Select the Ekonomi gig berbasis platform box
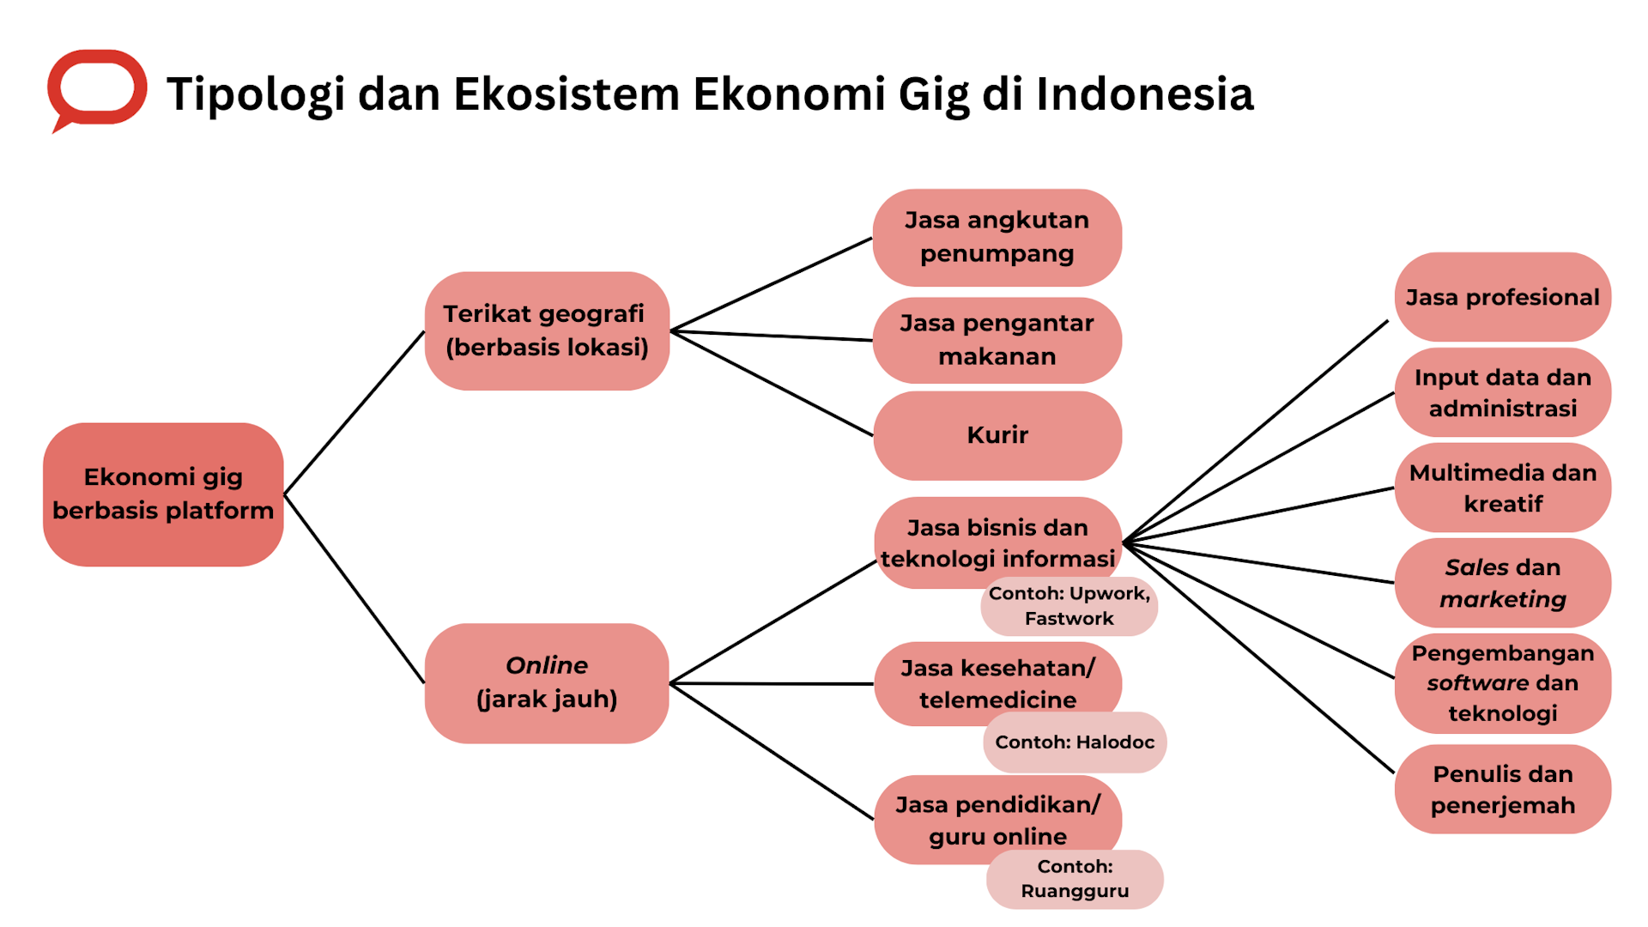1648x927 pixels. point(163,494)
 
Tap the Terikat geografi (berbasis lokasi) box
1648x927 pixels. point(547,330)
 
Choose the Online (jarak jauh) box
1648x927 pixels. point(547,682)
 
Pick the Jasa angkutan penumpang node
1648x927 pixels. point(997,237)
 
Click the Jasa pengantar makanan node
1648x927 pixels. point(997,340)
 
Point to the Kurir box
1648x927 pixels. point(997,435)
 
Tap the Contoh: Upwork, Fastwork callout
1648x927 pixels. point(1069,607)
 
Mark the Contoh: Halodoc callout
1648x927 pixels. point(1075,742)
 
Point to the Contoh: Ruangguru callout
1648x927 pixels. point(1075,880)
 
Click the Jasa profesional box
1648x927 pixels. point(1502,297)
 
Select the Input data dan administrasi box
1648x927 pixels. point(1502,392)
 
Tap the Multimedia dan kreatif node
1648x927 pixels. point(1502,488)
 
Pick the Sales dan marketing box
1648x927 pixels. point(1502,583)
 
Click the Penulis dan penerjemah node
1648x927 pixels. point(1502,790)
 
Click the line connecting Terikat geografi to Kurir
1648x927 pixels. point(772,384)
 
